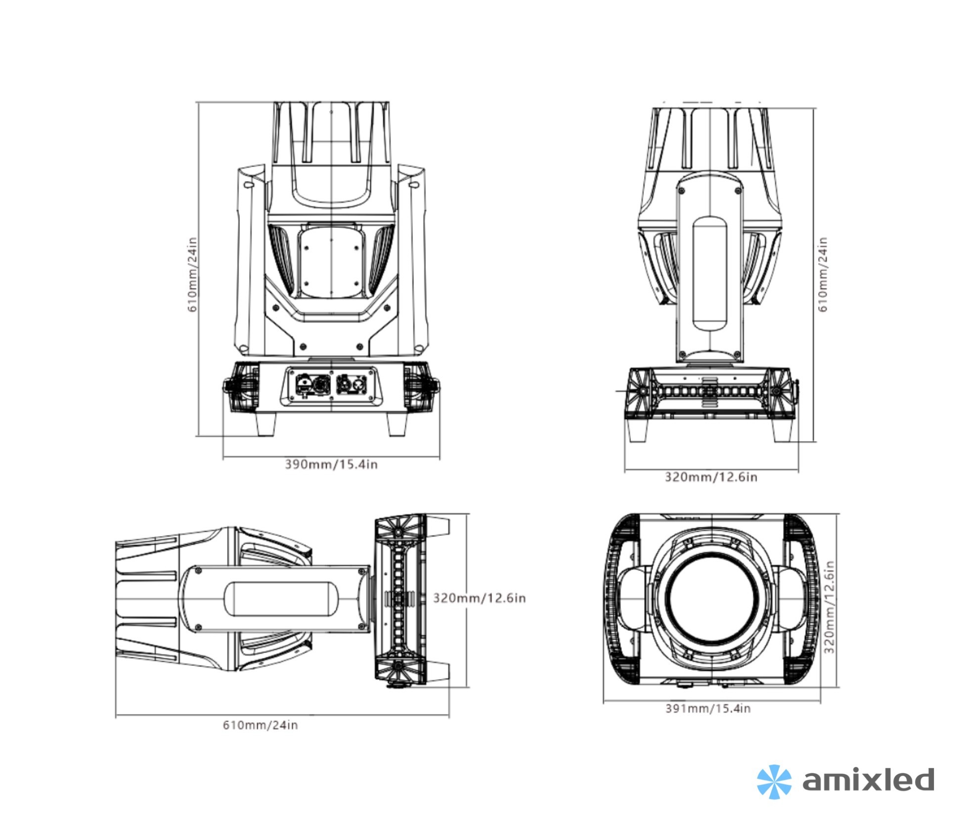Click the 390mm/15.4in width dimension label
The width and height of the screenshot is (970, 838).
331,464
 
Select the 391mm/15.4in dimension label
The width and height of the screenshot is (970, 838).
707,708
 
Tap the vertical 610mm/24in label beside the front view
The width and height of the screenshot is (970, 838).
192,275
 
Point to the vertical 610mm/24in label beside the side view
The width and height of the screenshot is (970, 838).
823,275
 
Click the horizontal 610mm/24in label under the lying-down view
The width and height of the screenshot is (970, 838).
260,725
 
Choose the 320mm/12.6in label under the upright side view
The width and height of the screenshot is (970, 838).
710,477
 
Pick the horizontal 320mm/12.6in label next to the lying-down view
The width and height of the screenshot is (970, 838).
479,598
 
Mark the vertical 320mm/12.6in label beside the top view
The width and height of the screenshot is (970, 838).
829,607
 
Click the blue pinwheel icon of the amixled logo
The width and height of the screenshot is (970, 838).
773,782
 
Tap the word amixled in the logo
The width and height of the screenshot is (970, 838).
868,780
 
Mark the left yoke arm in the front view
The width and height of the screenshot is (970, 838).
250,262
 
